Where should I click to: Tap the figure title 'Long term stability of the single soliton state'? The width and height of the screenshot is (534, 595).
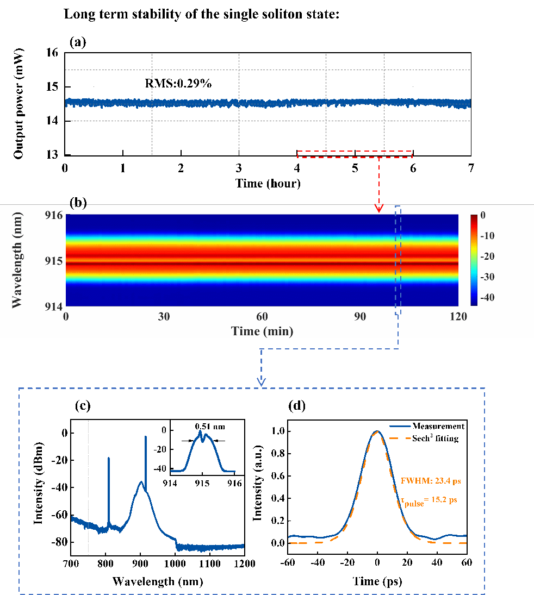pos(202,14)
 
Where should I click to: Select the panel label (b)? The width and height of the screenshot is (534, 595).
pos(78,204)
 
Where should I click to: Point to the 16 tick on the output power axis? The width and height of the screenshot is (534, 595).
pos(52,53)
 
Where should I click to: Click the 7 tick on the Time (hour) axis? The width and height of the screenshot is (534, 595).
pos(471,168)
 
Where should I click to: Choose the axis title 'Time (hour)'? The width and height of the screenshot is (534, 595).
pos(268,184)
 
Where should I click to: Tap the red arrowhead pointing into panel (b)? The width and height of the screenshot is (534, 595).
pos(379,208)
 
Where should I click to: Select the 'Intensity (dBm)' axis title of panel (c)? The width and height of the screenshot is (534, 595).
pos(39,483)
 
